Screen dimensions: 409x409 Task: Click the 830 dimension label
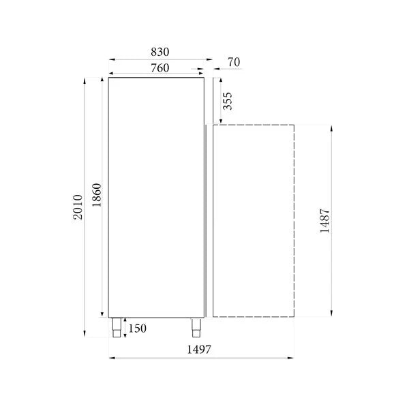[x=159, y=52]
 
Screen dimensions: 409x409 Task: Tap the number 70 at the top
[x=234, y=63]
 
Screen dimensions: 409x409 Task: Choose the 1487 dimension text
[x=324, y=221]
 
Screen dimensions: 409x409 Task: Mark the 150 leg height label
[x=136, y=329]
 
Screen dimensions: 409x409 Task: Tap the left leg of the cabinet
[x=117, y=327]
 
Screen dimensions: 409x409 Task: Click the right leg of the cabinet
[x=197, y=327]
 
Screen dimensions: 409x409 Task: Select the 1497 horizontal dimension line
[x=200, y=358]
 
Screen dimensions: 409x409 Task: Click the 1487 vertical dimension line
[x=332, y=221]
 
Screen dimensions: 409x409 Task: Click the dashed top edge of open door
[x=254, y=125]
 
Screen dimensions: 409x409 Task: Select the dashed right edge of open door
[x=293, y=221]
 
